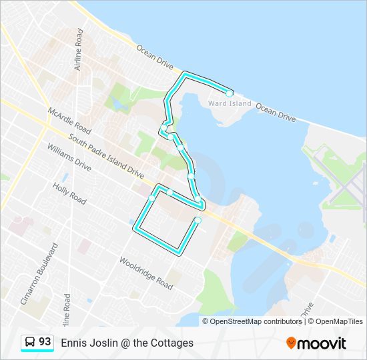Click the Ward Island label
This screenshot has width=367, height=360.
coord(230,103)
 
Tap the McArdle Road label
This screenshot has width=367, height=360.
coord(69,119)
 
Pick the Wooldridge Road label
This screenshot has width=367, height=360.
coord(145,273)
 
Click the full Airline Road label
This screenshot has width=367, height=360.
coord(79,49)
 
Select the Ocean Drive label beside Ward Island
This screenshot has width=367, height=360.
coord(276,111)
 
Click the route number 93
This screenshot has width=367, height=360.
coord(45,342)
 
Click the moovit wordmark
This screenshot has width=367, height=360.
coord(322,343)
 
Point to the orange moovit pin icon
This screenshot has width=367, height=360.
coord(291,343)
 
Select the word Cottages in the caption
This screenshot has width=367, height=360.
coord(171,343)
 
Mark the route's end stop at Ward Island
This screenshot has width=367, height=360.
coord(230,93)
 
